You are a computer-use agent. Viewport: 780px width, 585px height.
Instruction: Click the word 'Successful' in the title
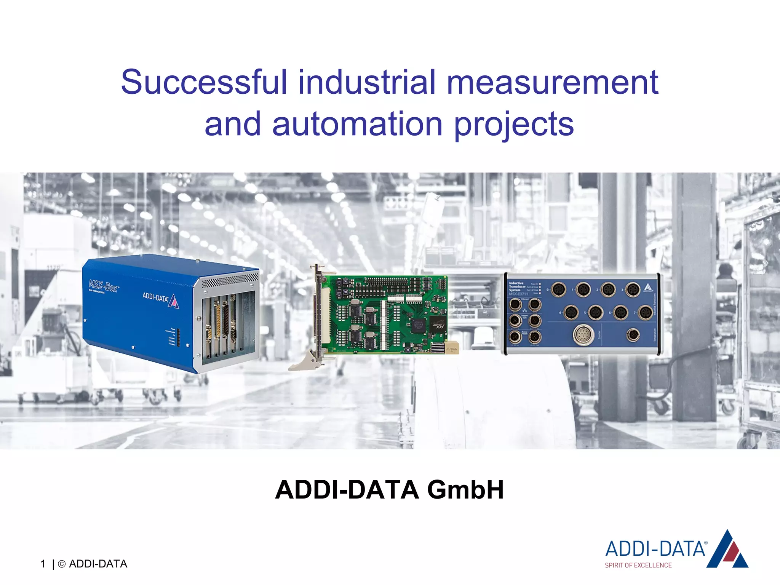pos(204,82)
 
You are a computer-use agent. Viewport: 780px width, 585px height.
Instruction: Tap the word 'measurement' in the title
pos(552,82)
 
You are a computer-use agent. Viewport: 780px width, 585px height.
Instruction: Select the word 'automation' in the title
pos(357,124)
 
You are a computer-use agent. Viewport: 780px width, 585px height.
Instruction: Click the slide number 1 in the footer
pos(43,564)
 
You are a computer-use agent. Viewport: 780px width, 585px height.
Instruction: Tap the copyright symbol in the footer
pos(61,564)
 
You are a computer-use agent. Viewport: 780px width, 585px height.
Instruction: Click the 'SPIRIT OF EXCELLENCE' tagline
pos(638,565)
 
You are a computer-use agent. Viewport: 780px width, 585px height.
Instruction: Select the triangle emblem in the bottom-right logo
pos(728,550)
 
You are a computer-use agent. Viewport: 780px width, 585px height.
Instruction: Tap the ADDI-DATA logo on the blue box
pos(160,299)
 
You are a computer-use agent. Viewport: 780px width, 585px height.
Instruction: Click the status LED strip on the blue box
pos(178,337)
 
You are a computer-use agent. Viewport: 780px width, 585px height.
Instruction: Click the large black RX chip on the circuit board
pos(438,324)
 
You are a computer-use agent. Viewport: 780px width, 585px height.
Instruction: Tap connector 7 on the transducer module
pos(645,313)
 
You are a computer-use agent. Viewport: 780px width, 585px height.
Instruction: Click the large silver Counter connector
pos(583,335)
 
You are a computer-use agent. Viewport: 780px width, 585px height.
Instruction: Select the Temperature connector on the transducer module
pos(633,335)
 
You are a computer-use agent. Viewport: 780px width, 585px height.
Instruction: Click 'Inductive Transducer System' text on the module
pos(517,286)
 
